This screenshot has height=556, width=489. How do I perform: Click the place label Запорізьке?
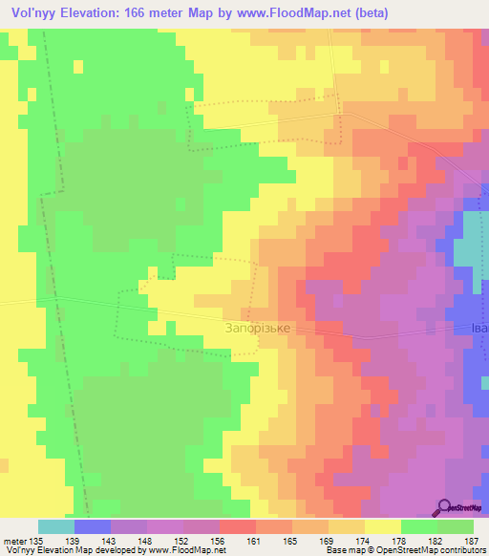(257, 327)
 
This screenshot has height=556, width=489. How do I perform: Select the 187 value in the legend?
(471, 540)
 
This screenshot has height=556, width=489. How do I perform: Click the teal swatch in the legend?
(56, 526)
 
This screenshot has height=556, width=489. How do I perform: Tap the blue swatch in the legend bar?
(93, 526)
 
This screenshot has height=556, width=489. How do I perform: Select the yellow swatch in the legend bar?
(383, 526)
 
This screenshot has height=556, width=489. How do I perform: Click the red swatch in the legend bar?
(238, 526)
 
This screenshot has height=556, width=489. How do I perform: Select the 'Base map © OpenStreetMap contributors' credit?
(405, 550)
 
